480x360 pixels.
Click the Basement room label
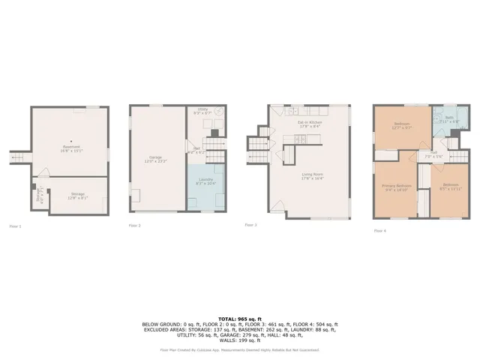(x=72, y=148)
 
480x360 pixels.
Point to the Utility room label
(x=202, y=111)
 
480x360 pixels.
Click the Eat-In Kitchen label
(x=310, y=124)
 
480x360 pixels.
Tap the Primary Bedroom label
(x=397, y=187)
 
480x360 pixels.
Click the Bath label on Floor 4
(x=448, y=119)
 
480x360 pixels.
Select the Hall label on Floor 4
(x=434, y=154)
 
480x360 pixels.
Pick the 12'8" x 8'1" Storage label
(x=78, y=196)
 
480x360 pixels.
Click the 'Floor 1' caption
(x=16, y=226)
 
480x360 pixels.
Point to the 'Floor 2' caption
(x=134, y=225)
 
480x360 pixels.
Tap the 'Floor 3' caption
(x=250, y=224)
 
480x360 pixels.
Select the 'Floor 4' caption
(x=380, y=230)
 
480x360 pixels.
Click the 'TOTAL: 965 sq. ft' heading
(x=240, y=319)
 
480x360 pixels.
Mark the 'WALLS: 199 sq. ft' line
(x=240, y=340)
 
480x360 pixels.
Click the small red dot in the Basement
(x=72, y=141)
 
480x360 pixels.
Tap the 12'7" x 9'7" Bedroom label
(x=402, y=125)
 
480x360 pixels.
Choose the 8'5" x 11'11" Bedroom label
(x=451, y=186)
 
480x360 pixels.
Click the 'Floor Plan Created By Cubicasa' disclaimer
(x=240, y=349)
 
